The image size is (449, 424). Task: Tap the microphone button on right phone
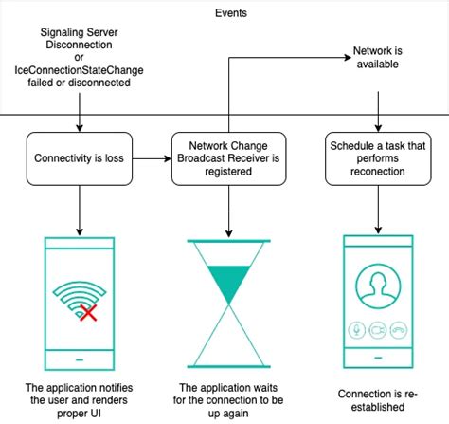tap(358, 330)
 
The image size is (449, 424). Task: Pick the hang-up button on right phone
tap(400, 330)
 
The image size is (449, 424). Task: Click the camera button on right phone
tap(379, 330)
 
